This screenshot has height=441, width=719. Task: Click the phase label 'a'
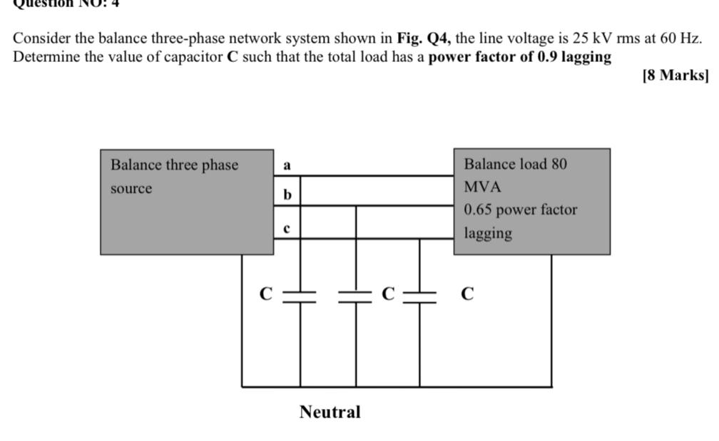(x=287, y=165)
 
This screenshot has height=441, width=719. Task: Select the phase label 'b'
(x=287, y=194)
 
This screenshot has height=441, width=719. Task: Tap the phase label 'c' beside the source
(x=287, y=229)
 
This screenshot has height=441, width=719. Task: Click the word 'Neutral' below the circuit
(x=330, y=412)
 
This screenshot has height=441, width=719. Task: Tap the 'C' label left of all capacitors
(x=265, y=294)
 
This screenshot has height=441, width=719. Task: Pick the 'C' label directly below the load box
(x=467, y=294)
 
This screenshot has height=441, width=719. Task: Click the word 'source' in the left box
(x=131, y=189)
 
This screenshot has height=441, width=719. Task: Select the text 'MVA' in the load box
(x=483, y=187)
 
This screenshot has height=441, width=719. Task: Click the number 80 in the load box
(x=559, y=164)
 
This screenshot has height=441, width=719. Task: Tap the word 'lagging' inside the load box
(x=488, y=233)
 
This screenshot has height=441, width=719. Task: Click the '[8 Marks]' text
(x=675, y=76)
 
